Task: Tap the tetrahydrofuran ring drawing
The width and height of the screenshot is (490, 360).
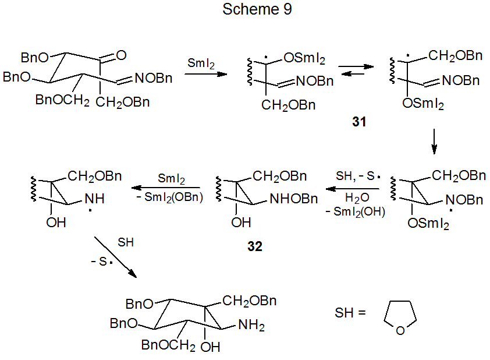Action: (x=400, y=320)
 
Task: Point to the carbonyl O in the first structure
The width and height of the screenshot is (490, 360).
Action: (x=120, y=56)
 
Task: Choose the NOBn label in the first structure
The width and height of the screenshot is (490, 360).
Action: (x=156, y=79)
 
